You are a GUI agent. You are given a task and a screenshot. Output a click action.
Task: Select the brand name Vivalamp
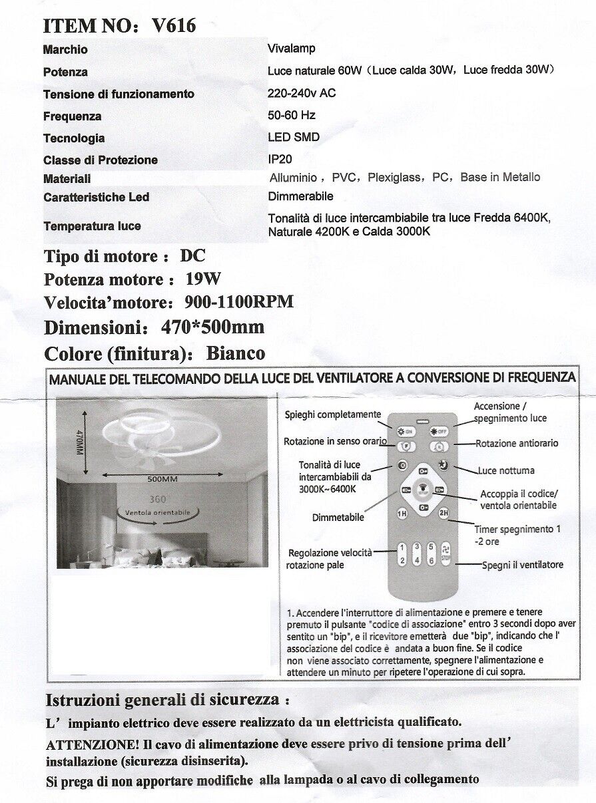tap(291, 49)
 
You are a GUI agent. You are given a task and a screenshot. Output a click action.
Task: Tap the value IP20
tap(280, 160)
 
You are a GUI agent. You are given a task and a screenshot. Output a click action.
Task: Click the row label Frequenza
tap(73, 116)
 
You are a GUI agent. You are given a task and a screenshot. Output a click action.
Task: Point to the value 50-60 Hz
tap(291, 115)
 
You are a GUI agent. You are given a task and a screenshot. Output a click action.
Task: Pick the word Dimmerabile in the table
tap(300, 196)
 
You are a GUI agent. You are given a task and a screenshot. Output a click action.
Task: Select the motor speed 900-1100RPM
tap(238, 302)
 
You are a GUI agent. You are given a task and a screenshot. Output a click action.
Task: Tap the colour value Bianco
tap(236, 353)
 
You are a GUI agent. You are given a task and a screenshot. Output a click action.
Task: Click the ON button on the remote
tap(406, 431)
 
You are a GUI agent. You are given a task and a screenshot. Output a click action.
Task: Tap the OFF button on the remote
tap(440, 431)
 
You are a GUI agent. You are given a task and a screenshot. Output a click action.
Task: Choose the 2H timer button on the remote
tap(443, 513)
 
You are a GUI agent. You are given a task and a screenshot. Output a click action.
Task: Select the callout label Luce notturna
tap(505, 470)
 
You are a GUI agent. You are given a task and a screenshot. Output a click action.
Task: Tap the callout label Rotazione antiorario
tap(517, 443)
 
